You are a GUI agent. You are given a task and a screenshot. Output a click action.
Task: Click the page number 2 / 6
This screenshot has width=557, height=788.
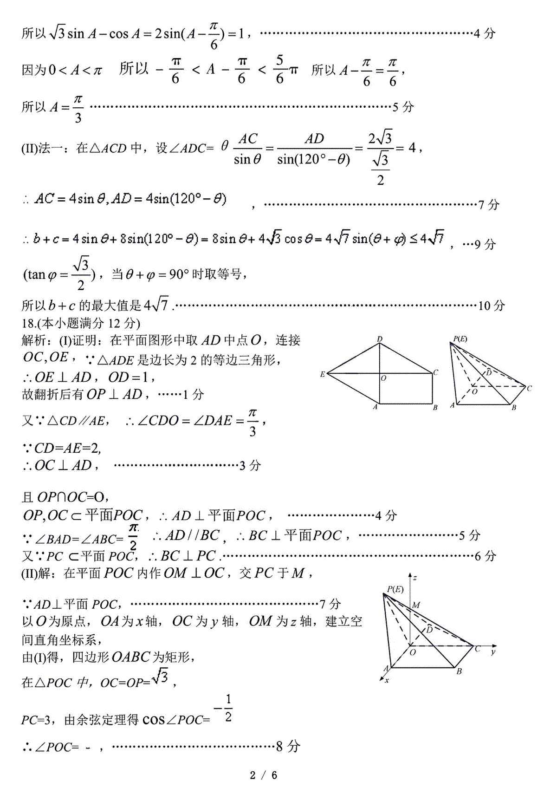263,775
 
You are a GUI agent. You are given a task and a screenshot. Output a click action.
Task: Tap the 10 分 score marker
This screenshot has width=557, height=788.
491,306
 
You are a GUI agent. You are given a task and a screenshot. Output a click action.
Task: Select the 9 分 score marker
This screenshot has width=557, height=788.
485,244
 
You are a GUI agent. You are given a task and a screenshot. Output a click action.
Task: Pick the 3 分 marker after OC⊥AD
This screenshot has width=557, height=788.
250,465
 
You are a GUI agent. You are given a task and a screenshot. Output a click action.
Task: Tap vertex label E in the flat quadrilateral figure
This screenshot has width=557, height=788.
322,374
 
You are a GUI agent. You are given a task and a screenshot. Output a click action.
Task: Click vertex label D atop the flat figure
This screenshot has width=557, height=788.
380,339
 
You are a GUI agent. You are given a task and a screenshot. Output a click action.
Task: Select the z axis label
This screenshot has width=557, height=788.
415,578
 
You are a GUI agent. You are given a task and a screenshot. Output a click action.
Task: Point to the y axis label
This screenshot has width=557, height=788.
493,652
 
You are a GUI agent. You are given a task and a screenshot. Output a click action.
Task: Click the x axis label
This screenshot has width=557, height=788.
387,680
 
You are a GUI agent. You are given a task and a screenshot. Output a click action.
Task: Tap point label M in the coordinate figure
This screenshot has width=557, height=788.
416,605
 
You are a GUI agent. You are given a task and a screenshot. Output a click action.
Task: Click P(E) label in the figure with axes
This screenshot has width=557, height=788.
395,589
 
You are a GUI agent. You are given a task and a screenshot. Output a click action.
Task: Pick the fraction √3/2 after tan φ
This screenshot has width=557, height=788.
81,274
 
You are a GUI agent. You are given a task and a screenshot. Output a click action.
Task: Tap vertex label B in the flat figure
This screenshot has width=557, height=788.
435,408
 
